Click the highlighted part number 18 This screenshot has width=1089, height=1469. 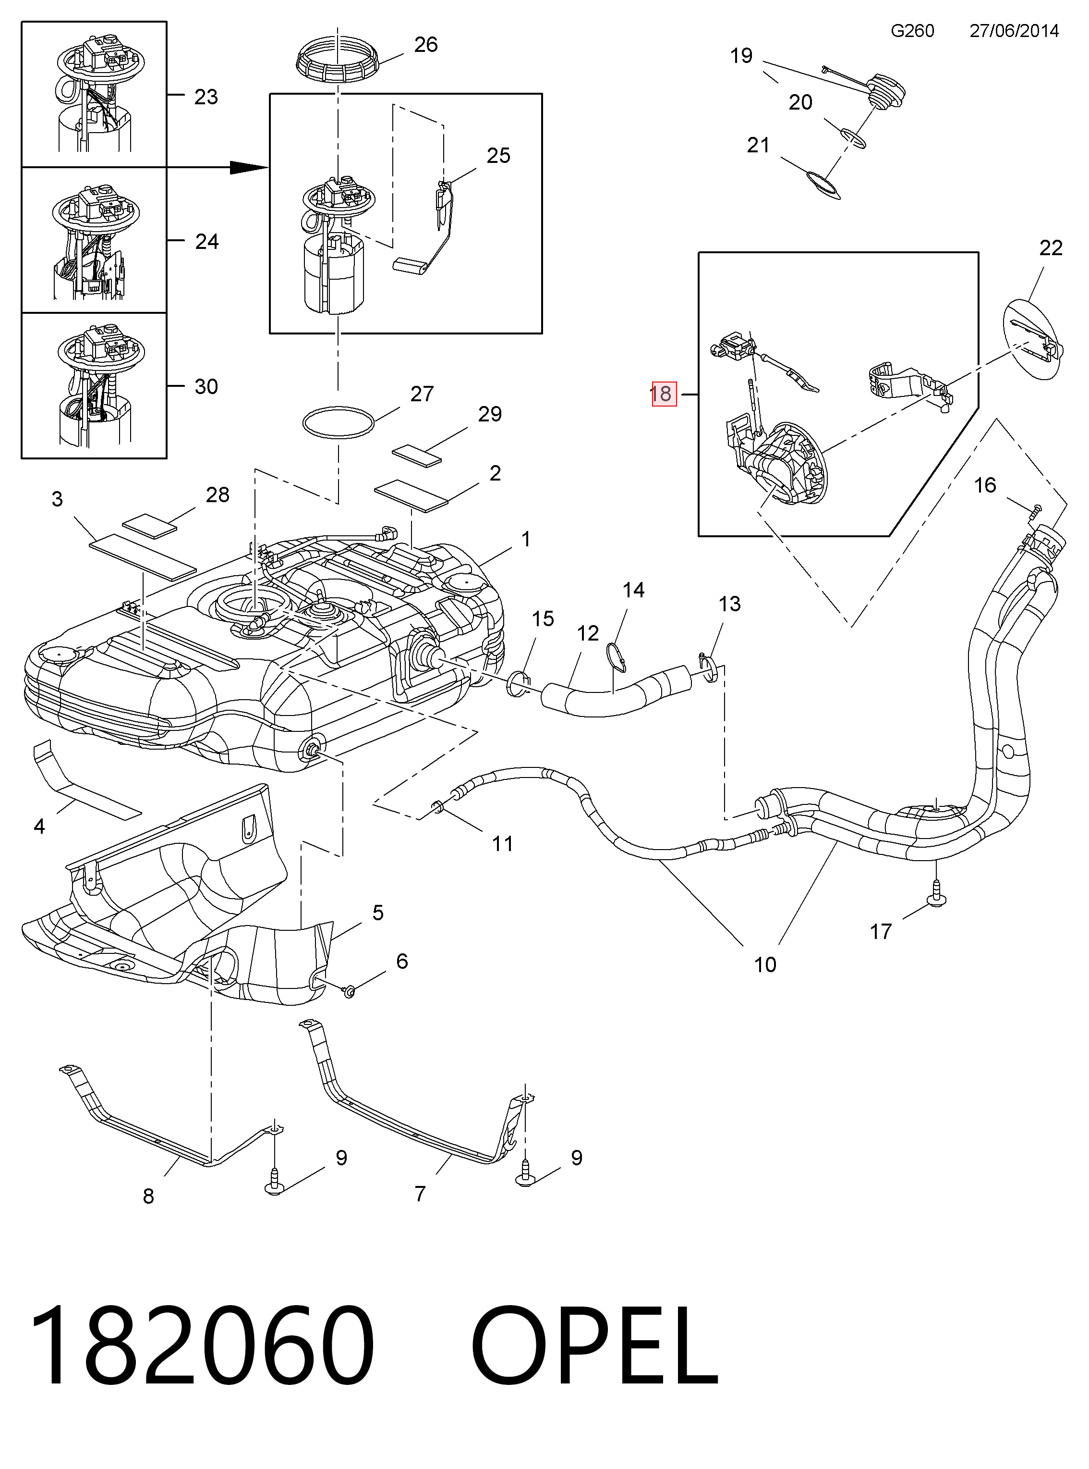pyautogui.click(x=664, y=394)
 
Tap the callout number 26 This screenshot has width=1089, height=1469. pyautogui.click(x=426, y=44)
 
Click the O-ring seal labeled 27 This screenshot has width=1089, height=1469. pyautogui.click(x=338, y=422)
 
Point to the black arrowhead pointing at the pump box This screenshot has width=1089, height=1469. pyautogui.click(x=250, y=168)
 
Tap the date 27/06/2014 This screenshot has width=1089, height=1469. pyautogui.click(x=1014, y=31)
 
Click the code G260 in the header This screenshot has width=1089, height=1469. pyautogui.click(x=912, y=31)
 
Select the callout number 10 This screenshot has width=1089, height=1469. pyautogui.click(x=765, y=965)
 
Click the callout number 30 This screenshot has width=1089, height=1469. pyautogui.click(x=206, y=386)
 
